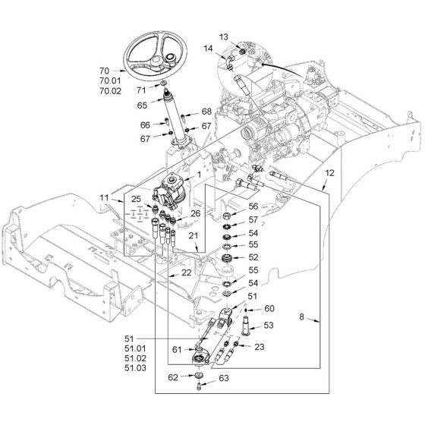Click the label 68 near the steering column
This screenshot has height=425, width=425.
coord(206,112)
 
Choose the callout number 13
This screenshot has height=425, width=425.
coord(224,36)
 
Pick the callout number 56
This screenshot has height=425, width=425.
coord(253,206)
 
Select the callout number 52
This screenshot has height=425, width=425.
coord(253,257)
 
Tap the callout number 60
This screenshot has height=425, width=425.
coord(269,308)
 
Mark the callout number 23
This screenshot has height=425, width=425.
coord(260,347)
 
